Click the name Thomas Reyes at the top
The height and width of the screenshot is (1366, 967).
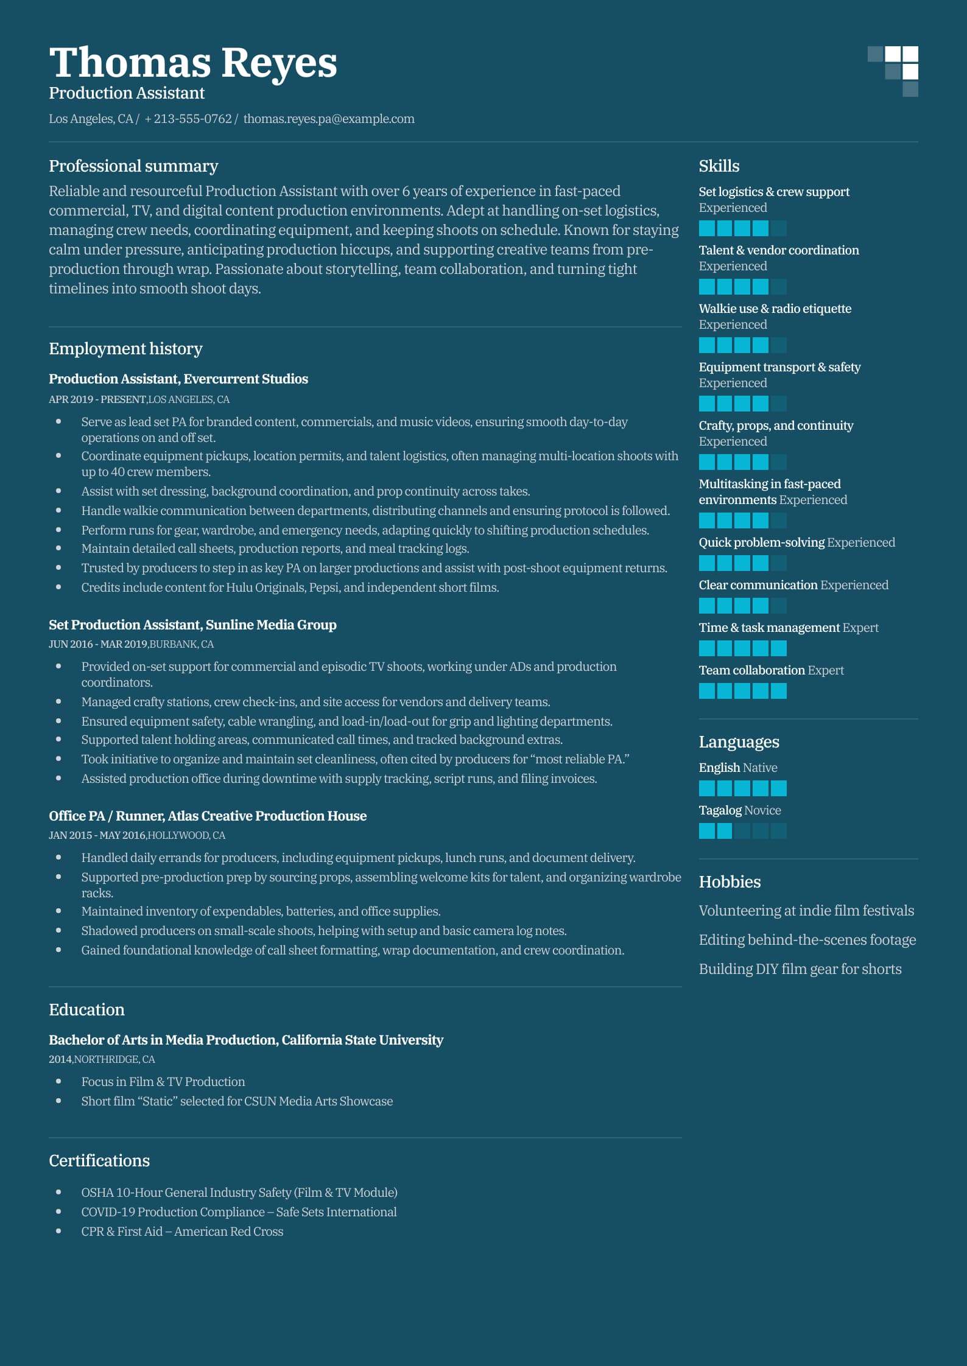tap(192, 63)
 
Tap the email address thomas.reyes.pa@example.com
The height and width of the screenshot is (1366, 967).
tap(329, 119)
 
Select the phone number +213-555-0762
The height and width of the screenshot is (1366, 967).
tap(188, 119)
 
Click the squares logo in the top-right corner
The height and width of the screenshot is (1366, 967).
tap(893, 71)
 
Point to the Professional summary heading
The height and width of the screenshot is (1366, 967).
tap(133, 166)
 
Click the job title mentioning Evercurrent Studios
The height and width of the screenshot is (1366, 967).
tap(178, 379)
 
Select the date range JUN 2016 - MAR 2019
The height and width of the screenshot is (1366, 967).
tap(98, 644)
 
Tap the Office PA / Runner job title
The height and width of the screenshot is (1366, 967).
tap(208, 816)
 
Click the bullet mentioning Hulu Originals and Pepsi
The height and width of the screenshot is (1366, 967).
tap(290, 587)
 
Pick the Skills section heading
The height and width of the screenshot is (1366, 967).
tap(719, 166)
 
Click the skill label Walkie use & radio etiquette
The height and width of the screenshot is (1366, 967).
tap(775, 309)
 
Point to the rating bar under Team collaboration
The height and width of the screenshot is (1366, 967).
tap(742, 691)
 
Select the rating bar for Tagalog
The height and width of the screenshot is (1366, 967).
tap(742, 831)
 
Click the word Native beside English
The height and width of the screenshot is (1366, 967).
tap(760, 768)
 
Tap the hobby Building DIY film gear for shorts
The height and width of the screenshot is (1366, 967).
tap(800, 969)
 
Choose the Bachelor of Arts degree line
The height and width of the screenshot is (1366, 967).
tap(246, 1040)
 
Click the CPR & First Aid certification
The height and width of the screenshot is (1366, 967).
tap(182, 1231)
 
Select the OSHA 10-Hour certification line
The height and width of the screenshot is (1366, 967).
tap(239, 1193)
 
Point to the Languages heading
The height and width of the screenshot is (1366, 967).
tap(739, 742)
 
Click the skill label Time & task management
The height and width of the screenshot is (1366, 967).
tap(769, 628)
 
